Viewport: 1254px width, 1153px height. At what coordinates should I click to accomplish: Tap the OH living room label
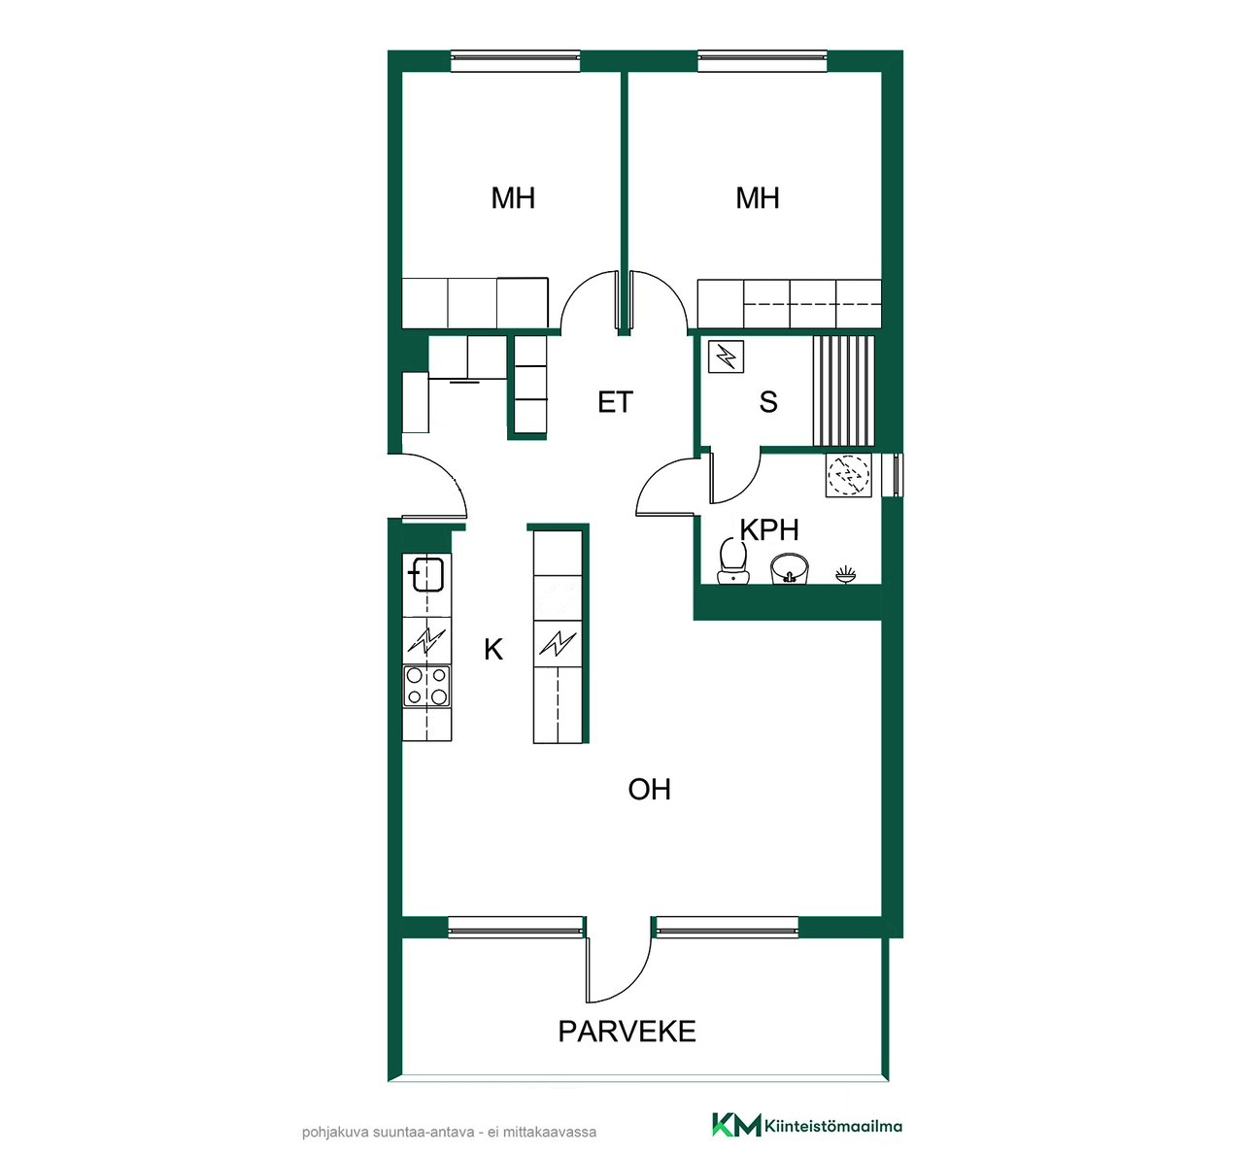click(649, 790)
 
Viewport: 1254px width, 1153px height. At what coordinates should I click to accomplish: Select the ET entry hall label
click(615, 402)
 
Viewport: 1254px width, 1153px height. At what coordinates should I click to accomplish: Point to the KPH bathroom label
click(769, 529)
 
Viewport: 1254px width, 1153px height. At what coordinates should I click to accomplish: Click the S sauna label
click(768, 402)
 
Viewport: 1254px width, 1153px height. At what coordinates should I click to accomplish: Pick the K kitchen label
click(493, 650)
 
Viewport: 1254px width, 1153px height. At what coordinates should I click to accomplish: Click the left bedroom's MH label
click(513, 198)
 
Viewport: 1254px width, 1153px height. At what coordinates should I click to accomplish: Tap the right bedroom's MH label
click(757, 198)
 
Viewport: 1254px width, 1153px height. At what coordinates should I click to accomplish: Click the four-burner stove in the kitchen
click(427, 686)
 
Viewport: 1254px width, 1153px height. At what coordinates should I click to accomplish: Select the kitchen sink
click(427, 575)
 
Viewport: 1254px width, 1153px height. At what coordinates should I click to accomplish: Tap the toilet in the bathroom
click(732, 560)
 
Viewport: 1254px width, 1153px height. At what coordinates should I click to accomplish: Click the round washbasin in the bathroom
click(790, 568)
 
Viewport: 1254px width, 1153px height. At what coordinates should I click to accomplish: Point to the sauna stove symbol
click(726, 356)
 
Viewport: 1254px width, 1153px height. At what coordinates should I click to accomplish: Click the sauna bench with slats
click(843, 390)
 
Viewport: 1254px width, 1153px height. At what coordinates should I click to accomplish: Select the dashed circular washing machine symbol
click(848, 475)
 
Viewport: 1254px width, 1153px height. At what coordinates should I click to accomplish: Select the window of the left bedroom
click(516, 61)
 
